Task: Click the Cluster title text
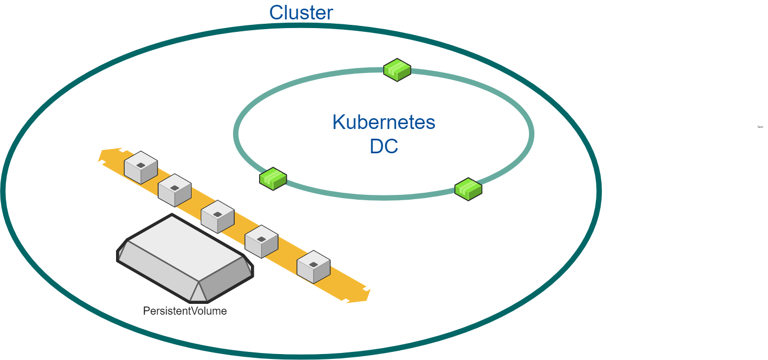(301, 12)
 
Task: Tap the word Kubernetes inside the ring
(384, 122)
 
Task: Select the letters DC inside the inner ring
(384, 146)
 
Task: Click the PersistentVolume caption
(185, 311)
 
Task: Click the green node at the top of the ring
(397, 70)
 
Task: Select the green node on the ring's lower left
(273, 178)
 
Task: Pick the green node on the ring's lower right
(468, 189)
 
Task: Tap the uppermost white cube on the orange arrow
(140, 167)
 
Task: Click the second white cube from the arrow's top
(175, 190)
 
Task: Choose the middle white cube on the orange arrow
(218, 216)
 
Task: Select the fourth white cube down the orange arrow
(261, 241)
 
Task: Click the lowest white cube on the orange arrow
(314, 267)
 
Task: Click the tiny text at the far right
(760, 127)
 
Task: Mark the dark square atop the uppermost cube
(140, 164)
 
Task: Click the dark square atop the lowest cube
(314, 263)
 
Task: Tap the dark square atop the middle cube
(218, 214)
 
